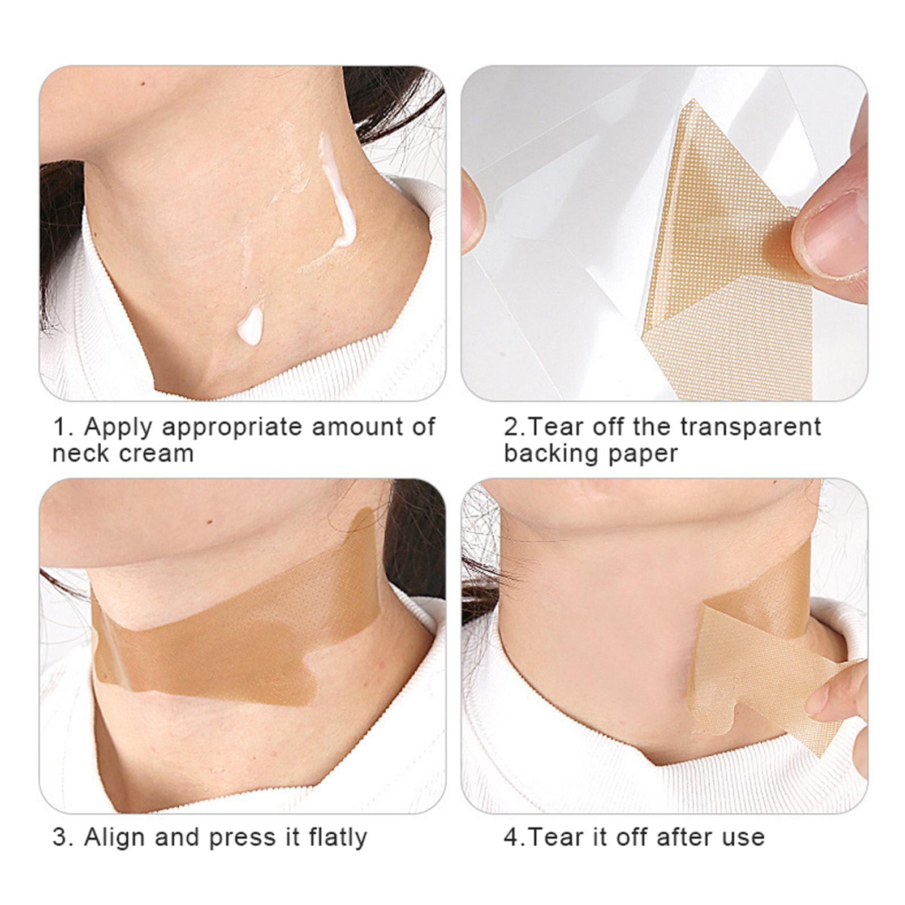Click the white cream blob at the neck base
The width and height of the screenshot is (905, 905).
[x=249, y=326]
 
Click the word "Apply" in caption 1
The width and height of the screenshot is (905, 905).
[x=118, y=428]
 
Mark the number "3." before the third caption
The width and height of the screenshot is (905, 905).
[x=63, y=838]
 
